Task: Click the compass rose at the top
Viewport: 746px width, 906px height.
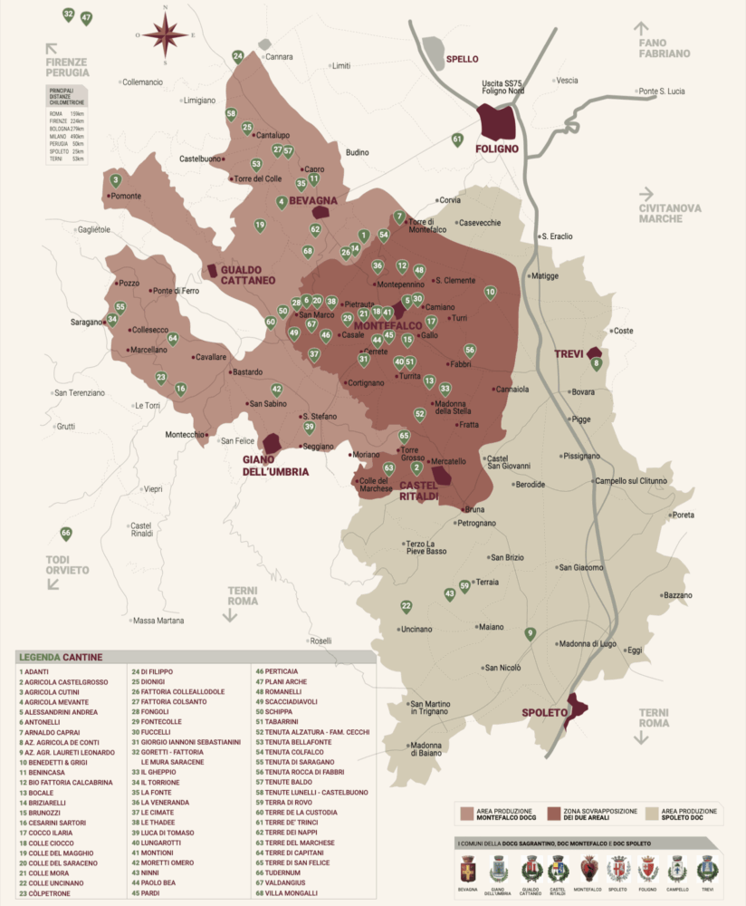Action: pos(166,36)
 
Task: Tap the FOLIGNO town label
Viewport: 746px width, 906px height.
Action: pos(496,148)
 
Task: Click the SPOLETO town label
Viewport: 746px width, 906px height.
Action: pos(543,713)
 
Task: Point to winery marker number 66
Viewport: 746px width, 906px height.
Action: pos(65,533)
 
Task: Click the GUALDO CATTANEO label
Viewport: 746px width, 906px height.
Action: pos(247,275)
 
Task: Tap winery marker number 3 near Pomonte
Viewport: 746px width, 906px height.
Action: pos(115,180)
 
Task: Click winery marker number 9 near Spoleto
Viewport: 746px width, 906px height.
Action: pos(531,633)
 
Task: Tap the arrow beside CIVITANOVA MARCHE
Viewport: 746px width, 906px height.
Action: pos(646,193)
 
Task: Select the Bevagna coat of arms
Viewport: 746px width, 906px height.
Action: pos(468,869)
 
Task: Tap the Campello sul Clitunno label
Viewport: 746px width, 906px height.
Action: pos(630,480)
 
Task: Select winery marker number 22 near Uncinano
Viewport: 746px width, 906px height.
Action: pos(406,606)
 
